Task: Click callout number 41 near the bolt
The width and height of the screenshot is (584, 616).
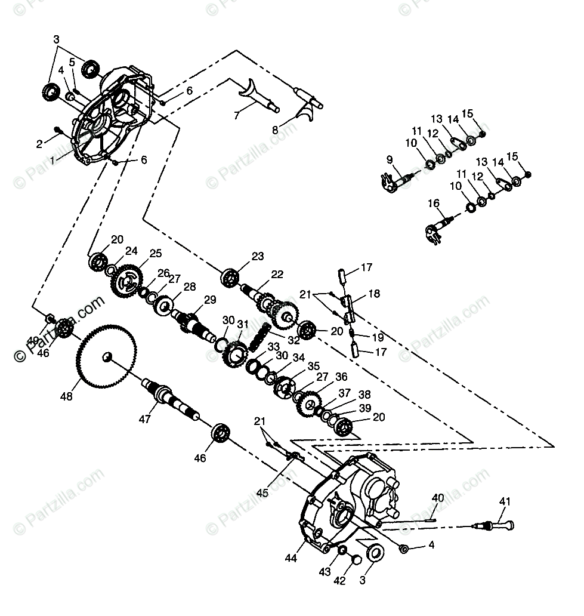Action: click(505, 502)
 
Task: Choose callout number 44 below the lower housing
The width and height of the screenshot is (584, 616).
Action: click(291, 559)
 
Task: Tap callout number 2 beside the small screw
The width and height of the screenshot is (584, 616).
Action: click(39, 143)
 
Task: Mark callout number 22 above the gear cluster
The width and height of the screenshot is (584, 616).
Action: click(277, 274)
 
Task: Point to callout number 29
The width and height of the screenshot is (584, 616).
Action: click(209, 300)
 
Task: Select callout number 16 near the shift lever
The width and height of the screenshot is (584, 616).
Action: click(434, 204)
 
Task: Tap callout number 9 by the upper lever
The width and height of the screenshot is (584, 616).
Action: click(390, 159)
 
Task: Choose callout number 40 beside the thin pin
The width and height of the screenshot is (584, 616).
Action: click(437, 497)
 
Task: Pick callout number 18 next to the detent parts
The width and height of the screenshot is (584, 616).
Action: click(373, 294)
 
